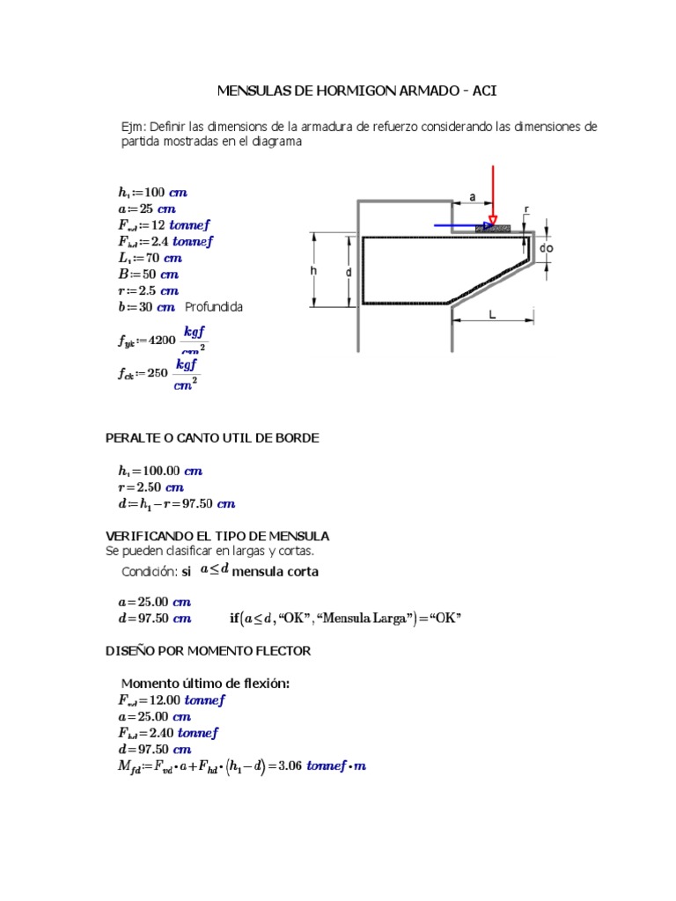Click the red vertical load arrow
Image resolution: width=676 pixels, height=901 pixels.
[493, 194]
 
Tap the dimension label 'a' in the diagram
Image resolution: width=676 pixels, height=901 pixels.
[473, 198]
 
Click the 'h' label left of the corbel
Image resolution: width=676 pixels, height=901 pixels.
[312, 272]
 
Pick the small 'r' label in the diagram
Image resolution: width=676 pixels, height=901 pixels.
[526, 209]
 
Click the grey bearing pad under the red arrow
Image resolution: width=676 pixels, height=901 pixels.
[493, 228]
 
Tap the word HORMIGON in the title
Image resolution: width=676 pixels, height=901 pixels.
[343, 91]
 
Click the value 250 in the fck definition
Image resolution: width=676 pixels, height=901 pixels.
[157, 372]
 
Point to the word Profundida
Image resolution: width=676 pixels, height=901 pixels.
[214, 307]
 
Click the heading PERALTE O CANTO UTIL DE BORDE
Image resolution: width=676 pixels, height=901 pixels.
[212, 437]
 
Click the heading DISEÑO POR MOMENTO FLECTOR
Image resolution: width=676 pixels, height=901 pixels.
[208, 651]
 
